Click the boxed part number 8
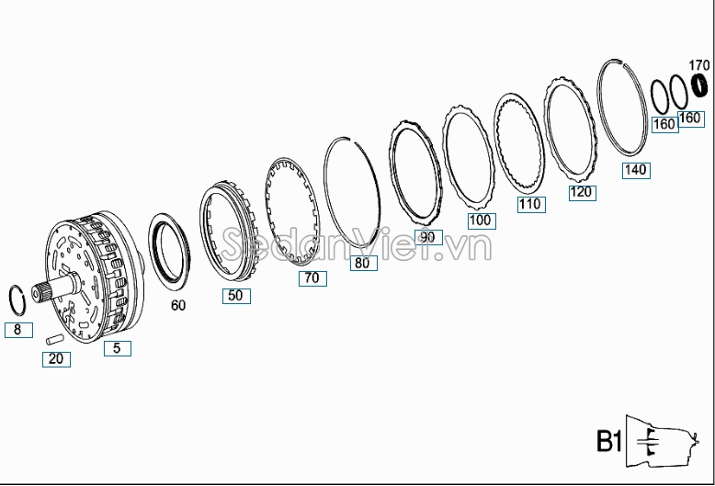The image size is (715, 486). pyautogui.click(x=18, y=330)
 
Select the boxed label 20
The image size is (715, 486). pyautogui.click(x=56, y=359)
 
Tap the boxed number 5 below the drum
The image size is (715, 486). pyautogui.click(x=118, y=348)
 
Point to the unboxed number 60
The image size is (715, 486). pyautogui.click(x=178, y=305)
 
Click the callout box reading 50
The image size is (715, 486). pyautogui.click(x=236, y=296)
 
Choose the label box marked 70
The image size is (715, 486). pyautogui.click(x=312, y=278)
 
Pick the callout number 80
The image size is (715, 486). pyautogui.click(x=363, y=263)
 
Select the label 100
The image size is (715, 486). pyautogui.click(x=482, y=221)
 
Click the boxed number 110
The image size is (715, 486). pyautogui.click(x=531, y=204)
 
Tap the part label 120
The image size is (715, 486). pyautogui.click(x=583, y=193)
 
